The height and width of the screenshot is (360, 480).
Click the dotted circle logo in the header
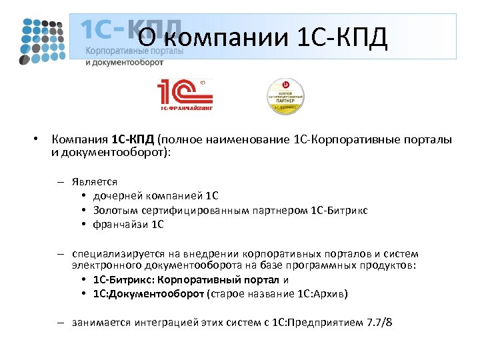point(41,39)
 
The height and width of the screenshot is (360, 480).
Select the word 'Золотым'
point(115,210)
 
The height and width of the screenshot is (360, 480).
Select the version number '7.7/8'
point(379,323)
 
